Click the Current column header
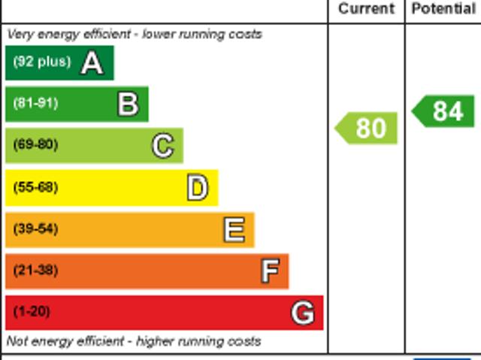tap(366, 9)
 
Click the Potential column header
tap(443, 9)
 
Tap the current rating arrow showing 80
tap(367, 129)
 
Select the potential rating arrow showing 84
tap(444, 111)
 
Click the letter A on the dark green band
tap(92, 63)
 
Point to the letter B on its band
tap(128, 104)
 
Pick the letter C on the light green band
tap(163, 146)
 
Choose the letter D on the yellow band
tap(198, 188)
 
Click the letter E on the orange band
tap(234, 230)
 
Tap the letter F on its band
tap(270, 271)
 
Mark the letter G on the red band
tap(303, 313)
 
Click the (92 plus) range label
tap(41, 62)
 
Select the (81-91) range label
tap(35, 104)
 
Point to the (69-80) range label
tap(35, 145)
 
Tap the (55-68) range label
tap(35, 187)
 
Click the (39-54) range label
tap(35, 228)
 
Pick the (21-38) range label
tap(35, 270)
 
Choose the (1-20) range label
tap(32, 311)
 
